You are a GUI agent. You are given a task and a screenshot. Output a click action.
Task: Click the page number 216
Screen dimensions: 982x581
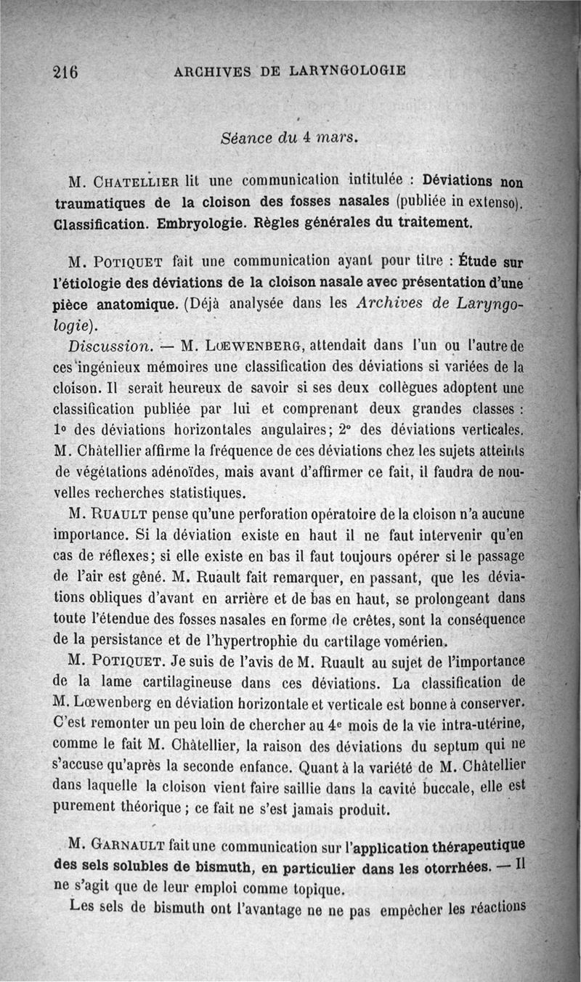pos(65,71)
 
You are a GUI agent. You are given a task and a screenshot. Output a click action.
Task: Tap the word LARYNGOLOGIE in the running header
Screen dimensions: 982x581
pos(347,71)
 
